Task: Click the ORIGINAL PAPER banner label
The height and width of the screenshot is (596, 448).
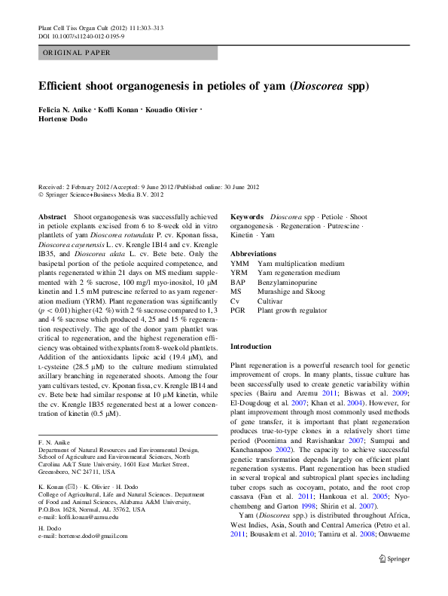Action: [x=77, y=53]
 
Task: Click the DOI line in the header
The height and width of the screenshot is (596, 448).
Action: [x=81, y=36]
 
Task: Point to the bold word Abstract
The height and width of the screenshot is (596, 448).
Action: [x=52, y=216]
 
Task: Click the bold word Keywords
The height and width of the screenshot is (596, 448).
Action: [x=247, y=216]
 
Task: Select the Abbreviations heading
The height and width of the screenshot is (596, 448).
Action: [x=253, y=254]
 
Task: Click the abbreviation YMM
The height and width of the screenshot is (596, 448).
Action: [x=239, y=264]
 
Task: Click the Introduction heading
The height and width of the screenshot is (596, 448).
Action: [x=251, y=346]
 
